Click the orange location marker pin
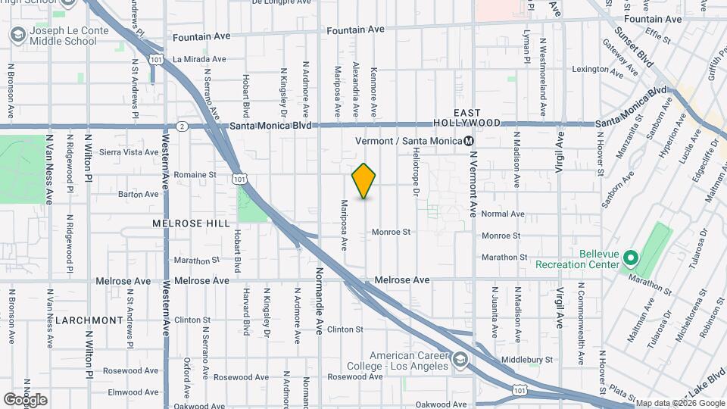click(364, 180)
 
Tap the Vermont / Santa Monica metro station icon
click(469, 141)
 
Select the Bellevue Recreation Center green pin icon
click(630, 259)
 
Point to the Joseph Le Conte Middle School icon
click(17, 35)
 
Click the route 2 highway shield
click(182, 126)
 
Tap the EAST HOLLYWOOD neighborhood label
click(467, 117)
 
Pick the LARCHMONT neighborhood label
click(89, 320)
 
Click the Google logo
click(24, 399)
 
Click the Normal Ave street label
click(503, 214)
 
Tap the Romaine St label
click(195, 174)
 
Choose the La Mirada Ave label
click(199, 58)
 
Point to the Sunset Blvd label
click(633, 48)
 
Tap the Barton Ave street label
click(139, 194)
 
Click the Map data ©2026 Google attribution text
click(679, 403)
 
